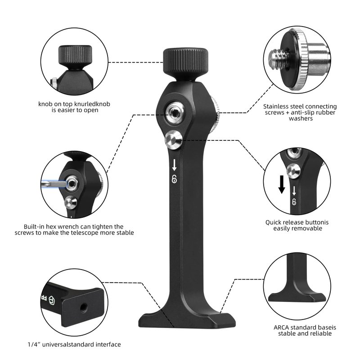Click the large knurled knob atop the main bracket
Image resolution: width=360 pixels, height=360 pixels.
185,64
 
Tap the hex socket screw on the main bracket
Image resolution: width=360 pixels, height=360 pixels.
175,112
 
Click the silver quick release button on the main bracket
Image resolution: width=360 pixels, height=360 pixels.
173,139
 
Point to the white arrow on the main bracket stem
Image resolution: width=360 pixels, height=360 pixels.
174,165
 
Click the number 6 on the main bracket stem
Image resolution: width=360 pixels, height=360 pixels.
174,179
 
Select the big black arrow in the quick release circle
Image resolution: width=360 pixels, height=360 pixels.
282,184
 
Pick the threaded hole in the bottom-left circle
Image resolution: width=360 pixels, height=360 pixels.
84,307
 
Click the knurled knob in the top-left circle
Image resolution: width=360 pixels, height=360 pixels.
75,55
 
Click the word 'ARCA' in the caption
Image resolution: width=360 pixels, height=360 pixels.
281,328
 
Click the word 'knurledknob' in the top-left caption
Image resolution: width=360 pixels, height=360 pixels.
93,104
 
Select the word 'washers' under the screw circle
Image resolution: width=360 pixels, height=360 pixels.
301,119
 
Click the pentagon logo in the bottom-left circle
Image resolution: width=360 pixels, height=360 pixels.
51,300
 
